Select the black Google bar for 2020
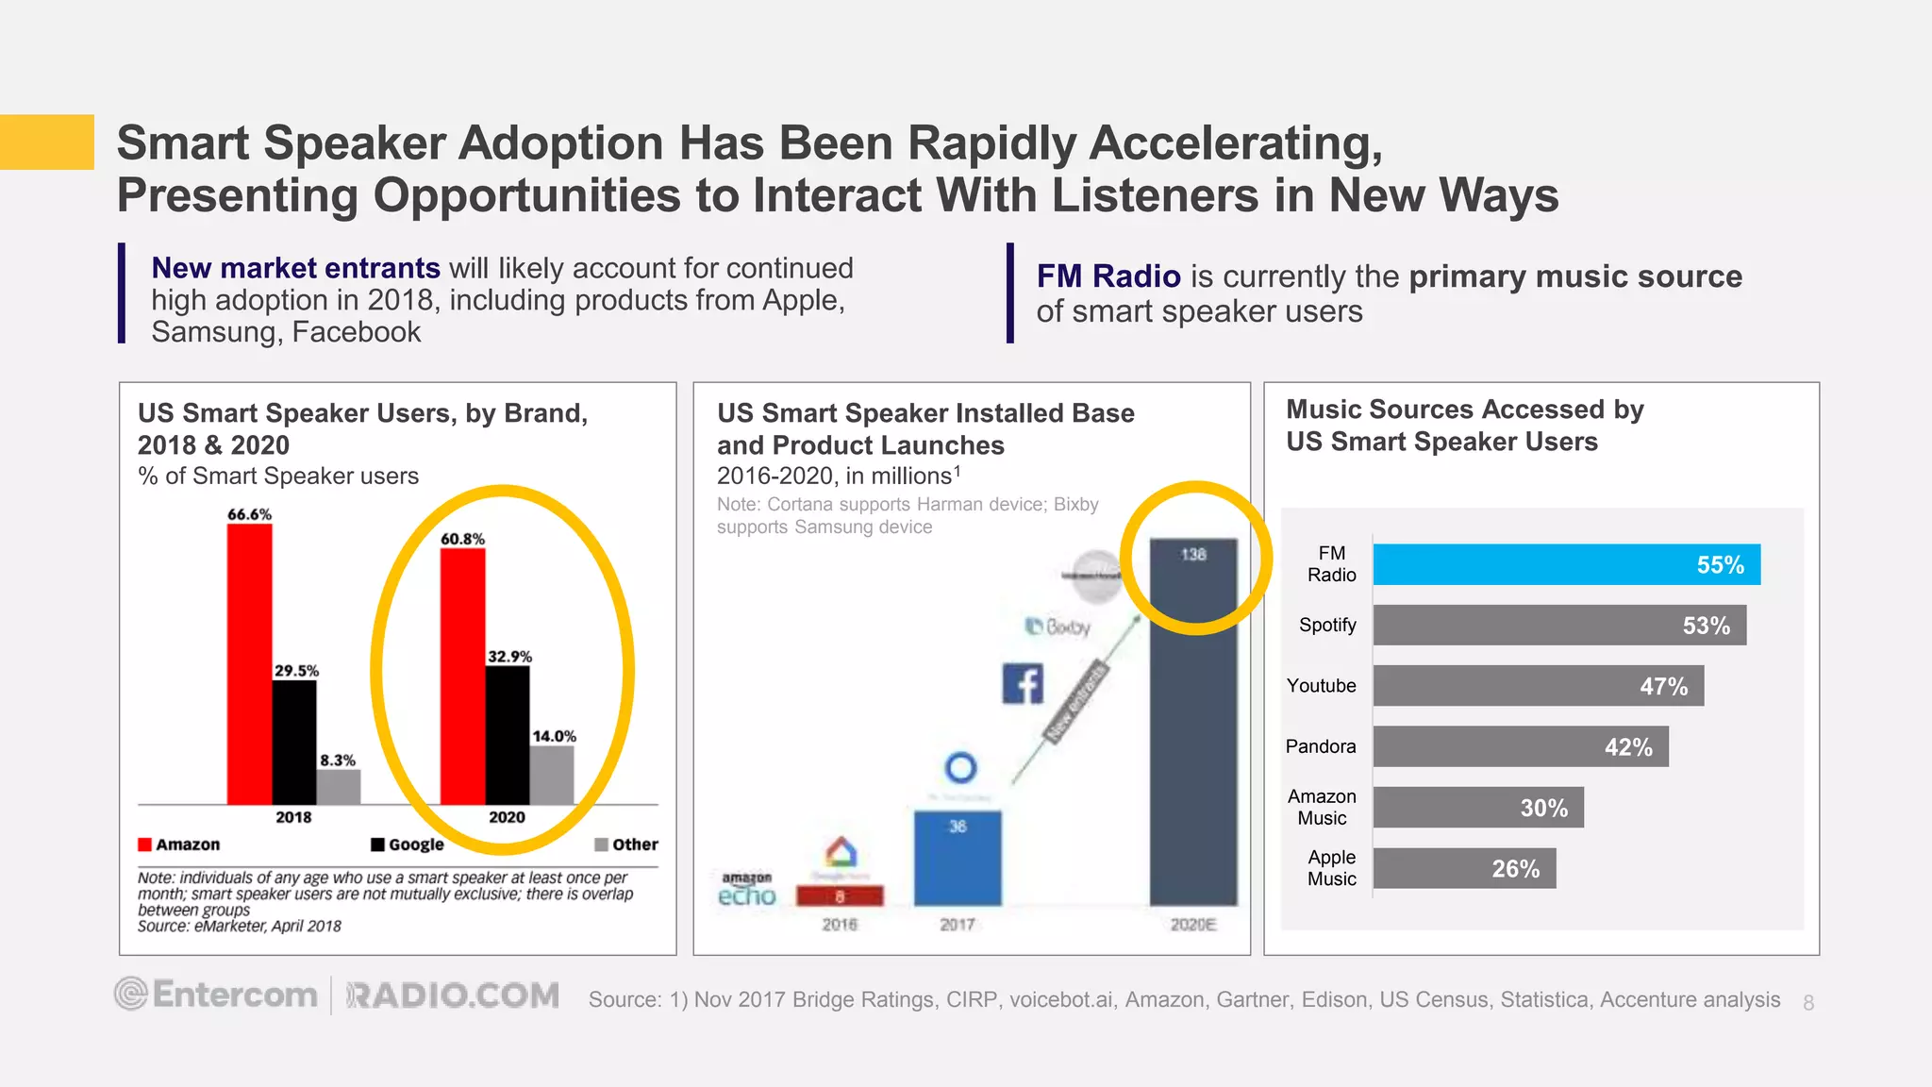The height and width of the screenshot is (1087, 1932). (x=508, y=735)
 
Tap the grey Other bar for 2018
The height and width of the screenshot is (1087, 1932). (x=338, y=787)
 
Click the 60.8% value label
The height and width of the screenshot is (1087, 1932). (x=462, y=539)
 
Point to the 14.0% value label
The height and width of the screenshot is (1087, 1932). (x=554, y=736)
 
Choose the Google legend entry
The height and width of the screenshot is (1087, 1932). (x=408, y=845)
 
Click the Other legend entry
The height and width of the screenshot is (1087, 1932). (x=626, y=845)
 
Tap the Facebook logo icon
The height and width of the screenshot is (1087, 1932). (x=1023, y=683)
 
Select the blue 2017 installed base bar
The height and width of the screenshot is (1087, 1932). (x=958, y=858)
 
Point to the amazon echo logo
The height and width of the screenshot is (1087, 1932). (x=747, y=890)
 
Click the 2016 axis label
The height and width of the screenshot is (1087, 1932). (x=840, y=925)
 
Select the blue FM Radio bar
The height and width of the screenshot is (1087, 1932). (x=1566, y=564)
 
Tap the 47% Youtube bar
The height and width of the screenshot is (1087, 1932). (x=1538, y=686)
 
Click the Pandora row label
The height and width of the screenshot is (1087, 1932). (x=1320, y=746)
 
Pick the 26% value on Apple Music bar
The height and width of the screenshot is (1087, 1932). (x=1515, y=869)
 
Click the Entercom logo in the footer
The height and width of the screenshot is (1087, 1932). (x=217, y=995)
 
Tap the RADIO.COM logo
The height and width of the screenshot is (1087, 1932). (x=453, y=995)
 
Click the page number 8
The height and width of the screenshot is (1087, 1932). (x=1808, y=1003)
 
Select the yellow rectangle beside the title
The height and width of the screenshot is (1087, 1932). (x=47, y=142)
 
